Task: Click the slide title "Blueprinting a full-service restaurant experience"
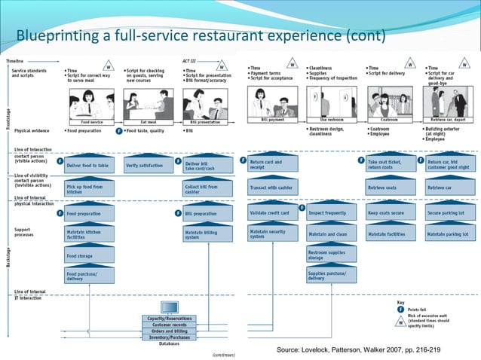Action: point(200,35)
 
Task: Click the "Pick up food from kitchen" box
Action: point(89,190)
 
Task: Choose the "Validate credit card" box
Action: point(273,213)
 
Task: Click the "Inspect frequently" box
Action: point(332,213)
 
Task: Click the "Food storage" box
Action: point(89,256)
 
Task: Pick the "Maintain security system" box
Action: point(273,234)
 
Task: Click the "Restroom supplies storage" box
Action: point(332,255)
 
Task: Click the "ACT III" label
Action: point(190,60)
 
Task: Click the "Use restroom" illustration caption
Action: point(331,119)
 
